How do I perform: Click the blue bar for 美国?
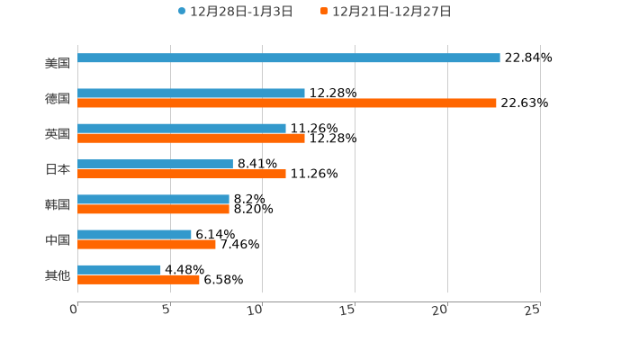pyautogui.click(x=288, y=58)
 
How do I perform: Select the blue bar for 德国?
pyautogui.click(x=191, y=94)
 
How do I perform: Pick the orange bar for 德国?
pyautogui.click(x=286, y=103)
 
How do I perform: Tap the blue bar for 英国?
pyautogui.click(x=182, y=129)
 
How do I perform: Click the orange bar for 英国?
pyautogui.click(x=191, y=139)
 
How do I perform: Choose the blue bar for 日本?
pyautogui.click(x=155, y=164)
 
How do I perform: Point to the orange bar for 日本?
pyautogui.click(x=182, y=175)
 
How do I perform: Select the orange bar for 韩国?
pyautogui.click(x=153, y=210)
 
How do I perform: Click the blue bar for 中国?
pyautogui.click(x=134, y=235)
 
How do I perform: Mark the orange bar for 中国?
pyautogui.click(x=147, y=245)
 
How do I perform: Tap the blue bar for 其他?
pyautogui.click(x=119, y=269)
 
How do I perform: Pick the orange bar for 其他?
pyautogui.click(x=139, y=280)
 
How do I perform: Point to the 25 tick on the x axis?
pyautogui.click(x=533, y=310)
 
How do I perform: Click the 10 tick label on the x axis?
pyautogui.click(x=256, y=310)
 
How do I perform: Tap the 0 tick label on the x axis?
pyautogui.click(x=74, y=310)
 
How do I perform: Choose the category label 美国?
pyautogui.click(x=58, y=64)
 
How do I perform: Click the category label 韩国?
pyautogui.click(x=58, y=204)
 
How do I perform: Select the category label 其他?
pyautogui.click(x=58, y=274)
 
